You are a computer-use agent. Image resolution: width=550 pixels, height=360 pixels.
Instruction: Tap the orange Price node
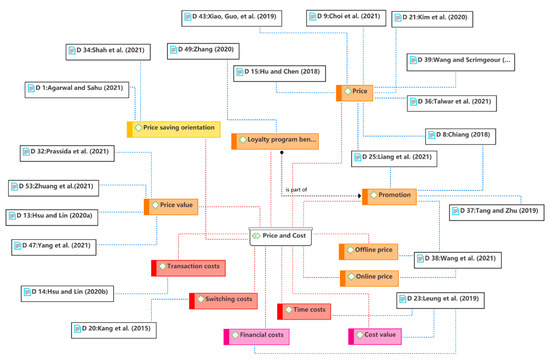click(357, 91)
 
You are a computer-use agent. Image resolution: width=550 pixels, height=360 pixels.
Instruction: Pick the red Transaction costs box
click(191, 267)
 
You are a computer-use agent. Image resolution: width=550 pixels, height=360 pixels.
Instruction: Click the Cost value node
click(380, 335)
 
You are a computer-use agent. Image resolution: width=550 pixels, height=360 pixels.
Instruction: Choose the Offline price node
click(375, 250)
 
